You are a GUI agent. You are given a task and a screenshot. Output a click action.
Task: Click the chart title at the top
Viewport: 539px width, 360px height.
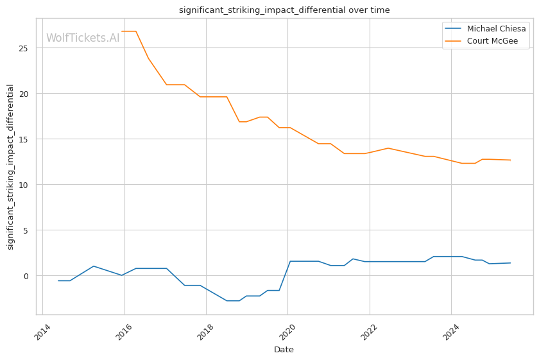click(284, 10)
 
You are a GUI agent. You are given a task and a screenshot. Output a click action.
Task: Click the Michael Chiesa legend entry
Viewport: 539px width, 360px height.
click(496, 29)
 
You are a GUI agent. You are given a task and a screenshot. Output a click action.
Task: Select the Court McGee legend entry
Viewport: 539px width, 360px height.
click(492, 41)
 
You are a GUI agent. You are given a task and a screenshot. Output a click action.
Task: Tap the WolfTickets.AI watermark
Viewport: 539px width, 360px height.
click(83, 38)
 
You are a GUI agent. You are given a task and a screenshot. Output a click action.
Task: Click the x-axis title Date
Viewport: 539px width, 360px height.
click(284, 350)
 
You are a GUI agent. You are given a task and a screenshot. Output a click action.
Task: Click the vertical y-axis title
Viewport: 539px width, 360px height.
click(11, 167)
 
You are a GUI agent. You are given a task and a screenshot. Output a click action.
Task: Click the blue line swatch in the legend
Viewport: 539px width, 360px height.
click(454, 29)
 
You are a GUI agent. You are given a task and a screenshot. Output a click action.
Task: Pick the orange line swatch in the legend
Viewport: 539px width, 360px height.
click(454, 41)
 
